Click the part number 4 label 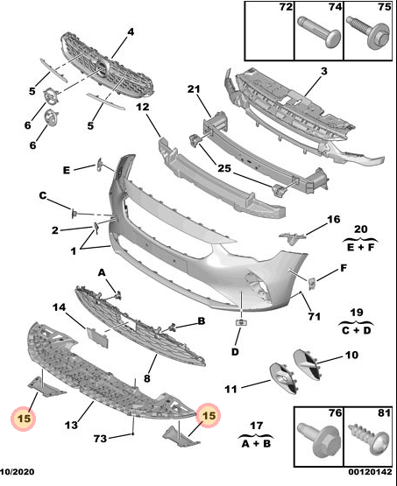[131, 32]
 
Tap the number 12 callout [143, 107]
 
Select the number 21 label [194, 89]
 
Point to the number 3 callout [324, 71]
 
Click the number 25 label [224, 168]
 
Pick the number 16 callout [334, 220]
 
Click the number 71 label [315, 316]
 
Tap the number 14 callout [60, 307]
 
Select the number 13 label [71, 425]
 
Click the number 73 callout [100, 439]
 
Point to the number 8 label [147, 378]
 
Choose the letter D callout [235, 352]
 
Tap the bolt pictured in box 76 [317, 440]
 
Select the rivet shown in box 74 [320, 32]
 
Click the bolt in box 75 [369, 32]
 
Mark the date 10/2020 [17, 472]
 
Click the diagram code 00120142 [370, 472]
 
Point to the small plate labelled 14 [97, 337]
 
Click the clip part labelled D [241, 322]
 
